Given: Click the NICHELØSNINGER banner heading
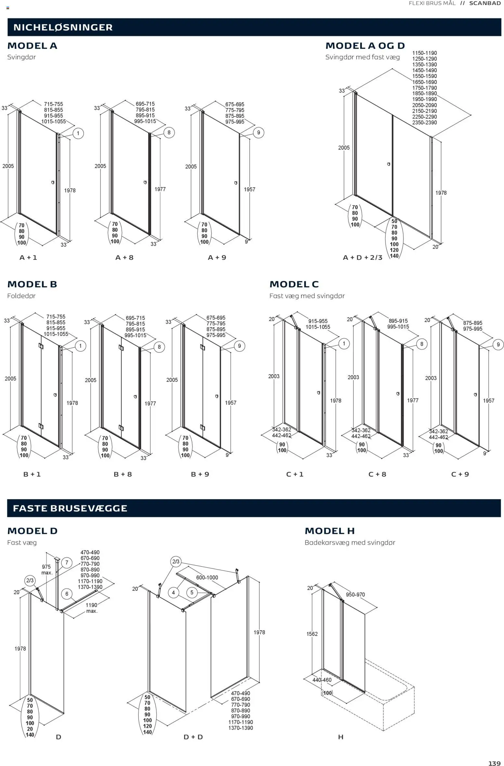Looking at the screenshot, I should click(x=63, y=27).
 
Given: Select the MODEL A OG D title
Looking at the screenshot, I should click(x=365, y=46).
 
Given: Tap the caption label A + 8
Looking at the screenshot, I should click(x=124, y=257).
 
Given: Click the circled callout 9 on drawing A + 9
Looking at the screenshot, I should click(x=259, y=132).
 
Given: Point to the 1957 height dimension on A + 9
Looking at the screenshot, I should click(x=249, y=189).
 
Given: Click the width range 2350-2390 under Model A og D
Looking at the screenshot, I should click(x=424, y=123).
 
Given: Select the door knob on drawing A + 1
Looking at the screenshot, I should click(x=53, y=182).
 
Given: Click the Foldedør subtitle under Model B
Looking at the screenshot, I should click(x=21, y=296).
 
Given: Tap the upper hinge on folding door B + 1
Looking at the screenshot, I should click(x=41, y=346).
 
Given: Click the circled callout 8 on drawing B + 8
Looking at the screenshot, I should click(x=159, y=347).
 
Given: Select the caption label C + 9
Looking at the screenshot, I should click(x=460, y=474).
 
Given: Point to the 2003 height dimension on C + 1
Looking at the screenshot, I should click(x=274, y=376).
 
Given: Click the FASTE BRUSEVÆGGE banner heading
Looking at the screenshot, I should click(x=70, y=508).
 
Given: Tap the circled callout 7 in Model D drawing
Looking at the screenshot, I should click(x=67, y=563).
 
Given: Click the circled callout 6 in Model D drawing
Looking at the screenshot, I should click(x=67, y=594).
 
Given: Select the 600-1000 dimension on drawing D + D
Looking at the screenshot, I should click(x=207, y=578).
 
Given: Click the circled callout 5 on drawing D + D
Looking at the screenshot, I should click(x=192, y=593).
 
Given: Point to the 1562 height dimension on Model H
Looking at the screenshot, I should click(x=312, y=634).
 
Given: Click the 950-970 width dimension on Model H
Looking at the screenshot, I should click(x=355, y=595).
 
